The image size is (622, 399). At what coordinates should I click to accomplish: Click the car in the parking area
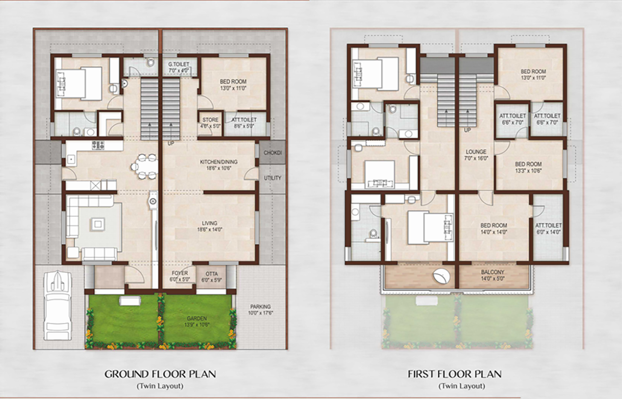(58, 306)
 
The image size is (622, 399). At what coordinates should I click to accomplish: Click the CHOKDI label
(273, 153)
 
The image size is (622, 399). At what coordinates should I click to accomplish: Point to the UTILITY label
(273, 178)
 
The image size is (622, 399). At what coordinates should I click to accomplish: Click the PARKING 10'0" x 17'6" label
(260, 310)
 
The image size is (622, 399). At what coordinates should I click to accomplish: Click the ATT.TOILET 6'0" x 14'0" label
(549, 229)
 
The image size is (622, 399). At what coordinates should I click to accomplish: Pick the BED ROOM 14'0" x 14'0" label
(494, 228)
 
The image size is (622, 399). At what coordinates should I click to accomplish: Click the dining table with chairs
(144, 166)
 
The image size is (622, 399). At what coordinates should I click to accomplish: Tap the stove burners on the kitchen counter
(98, 145)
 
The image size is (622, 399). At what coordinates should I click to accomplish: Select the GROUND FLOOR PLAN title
(160, 374)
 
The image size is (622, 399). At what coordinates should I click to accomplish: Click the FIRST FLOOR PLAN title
(454, 374)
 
